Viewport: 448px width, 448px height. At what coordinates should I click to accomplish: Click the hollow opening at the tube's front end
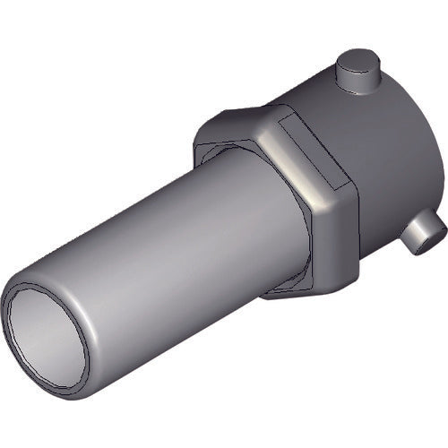click(x=45, y=337)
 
